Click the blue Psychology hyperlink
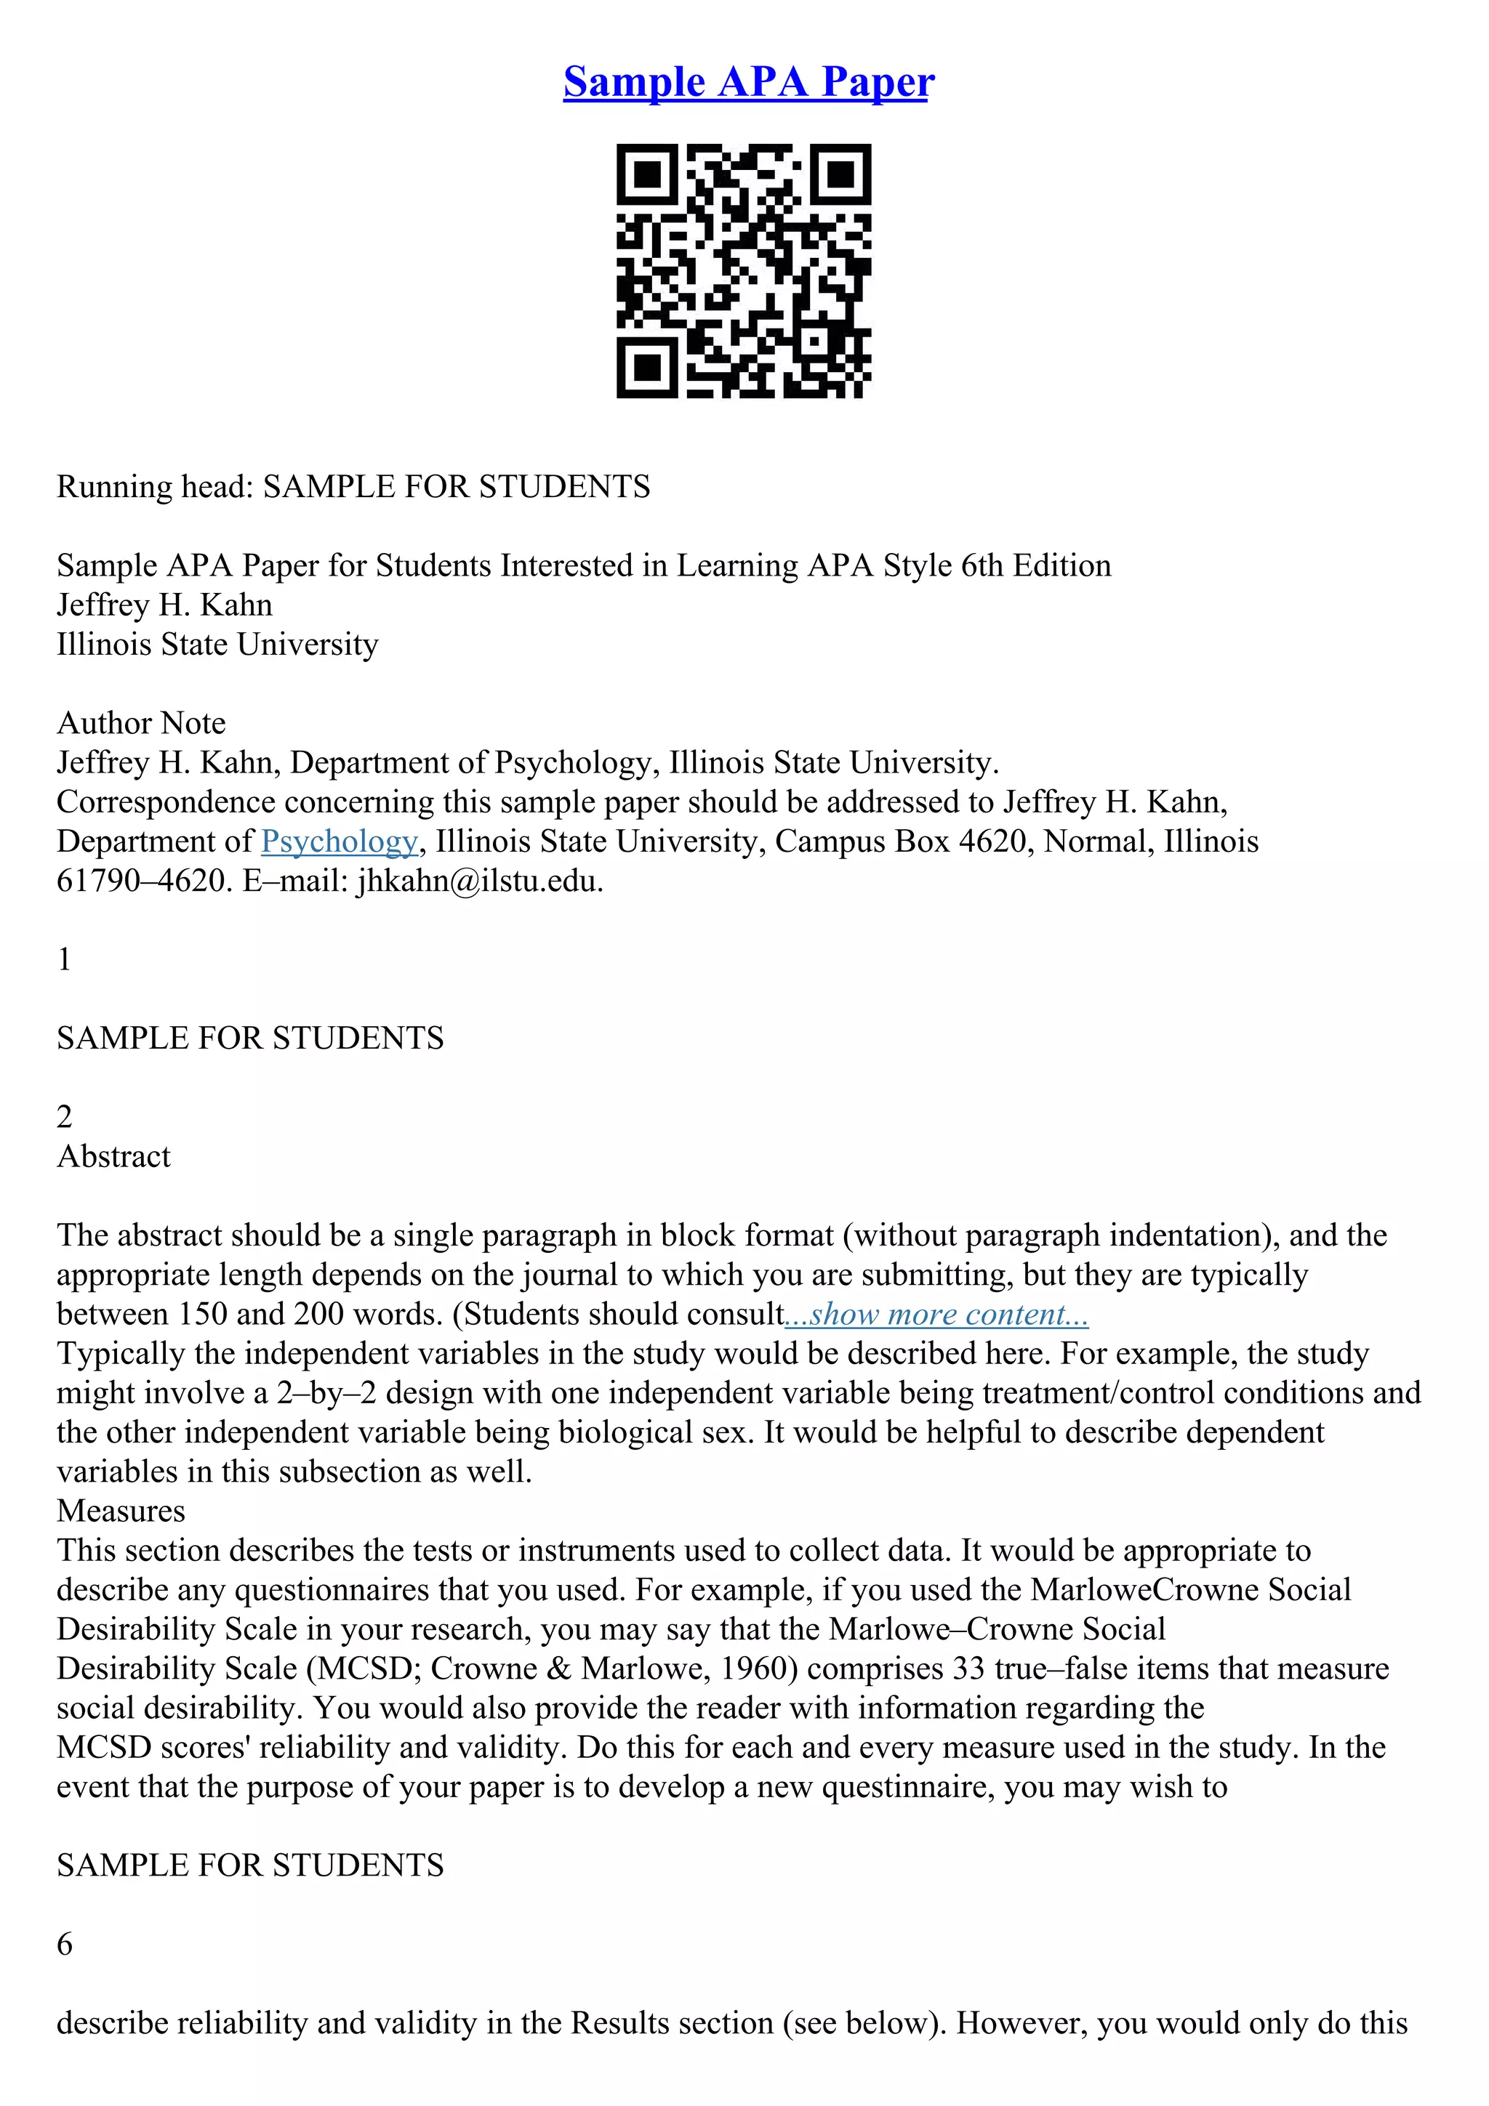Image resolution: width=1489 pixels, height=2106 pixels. click(x=339, y=841)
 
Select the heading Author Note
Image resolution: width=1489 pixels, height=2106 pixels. click(x=141, y=723)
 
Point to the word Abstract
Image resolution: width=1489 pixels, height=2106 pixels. click(x=113, y=1155)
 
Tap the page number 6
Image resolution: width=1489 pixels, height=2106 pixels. click(x=64, y=1944)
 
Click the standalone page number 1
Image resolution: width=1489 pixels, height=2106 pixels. click(x=64, y=959)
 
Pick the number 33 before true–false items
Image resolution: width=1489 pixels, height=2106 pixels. click(x=968, y=1668)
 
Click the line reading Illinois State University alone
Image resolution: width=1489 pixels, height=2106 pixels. click(x=217, y=644)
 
